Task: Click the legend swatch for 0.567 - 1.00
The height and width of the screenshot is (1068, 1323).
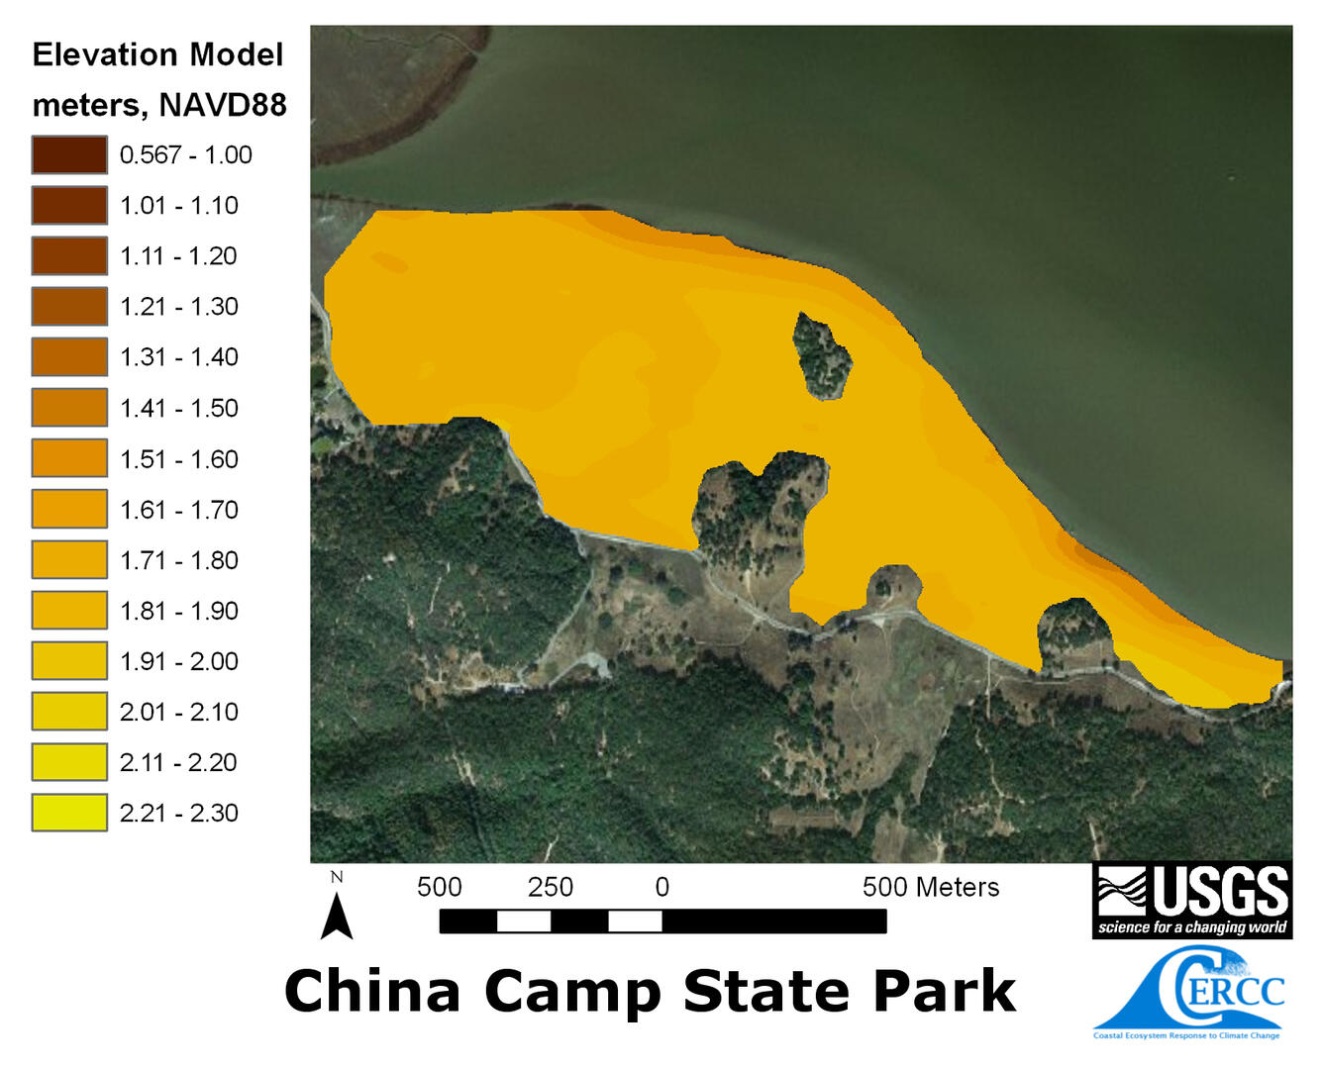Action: pyautogui.click(x=69, y=155)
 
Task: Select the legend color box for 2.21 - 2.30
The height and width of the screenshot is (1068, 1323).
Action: pyautogui.click(x=69, y=813)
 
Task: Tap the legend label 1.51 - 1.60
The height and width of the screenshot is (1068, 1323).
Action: pyautogui.click(x=178, y=459)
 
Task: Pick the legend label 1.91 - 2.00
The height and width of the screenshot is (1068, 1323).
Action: pyautogui.click(x=178, y=661)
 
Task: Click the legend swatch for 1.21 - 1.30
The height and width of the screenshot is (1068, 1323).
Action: pyautogui.click(x=69, y=307)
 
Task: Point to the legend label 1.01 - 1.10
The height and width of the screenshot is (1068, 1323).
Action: pyautogui.click(x=178, y=206)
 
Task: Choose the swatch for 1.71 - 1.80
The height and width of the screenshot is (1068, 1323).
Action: pyautogui.click(x=69, y=560)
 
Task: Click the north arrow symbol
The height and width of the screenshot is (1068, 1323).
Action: pyautogui.click(x=337, y=915)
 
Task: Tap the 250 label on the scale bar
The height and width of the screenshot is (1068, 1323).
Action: pyautogui.click(x=551, y=887)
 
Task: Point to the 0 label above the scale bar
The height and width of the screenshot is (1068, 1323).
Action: pyautogui.click(x=662, y=887)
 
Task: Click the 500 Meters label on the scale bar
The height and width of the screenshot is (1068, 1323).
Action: pyautogui.click(x=930, y=887)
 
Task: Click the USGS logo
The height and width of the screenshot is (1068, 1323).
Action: pyautogui.click(x=1192, y=900)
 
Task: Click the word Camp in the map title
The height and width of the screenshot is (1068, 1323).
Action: pyautogui.click(x=573, y=992)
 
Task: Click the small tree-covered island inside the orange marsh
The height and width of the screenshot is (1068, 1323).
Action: pyautogui.click(x=822, y=355)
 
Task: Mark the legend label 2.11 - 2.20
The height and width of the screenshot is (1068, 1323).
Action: pyautogui.click(x=178, y=762)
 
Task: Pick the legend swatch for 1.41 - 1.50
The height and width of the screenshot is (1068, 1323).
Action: pyautogui.click(x=69, y=408)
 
